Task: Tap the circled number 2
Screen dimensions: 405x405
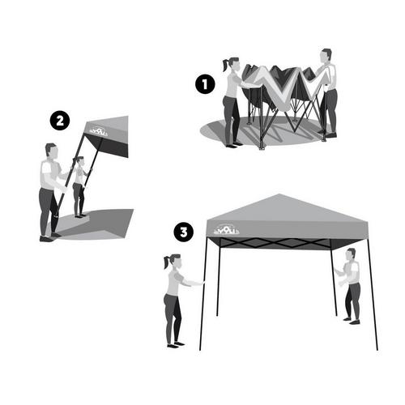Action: pos(58,121)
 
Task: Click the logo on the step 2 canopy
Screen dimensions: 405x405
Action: pos(98,129)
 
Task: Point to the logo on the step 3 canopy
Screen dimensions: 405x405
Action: pos(226,230)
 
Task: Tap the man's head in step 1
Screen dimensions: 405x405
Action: pos(326,56)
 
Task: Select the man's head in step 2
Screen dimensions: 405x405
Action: pos(51,151)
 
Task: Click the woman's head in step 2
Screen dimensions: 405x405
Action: pos(79,162)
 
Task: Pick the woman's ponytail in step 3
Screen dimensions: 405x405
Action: pos(167,263)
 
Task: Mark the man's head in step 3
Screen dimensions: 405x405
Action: pos(350,255)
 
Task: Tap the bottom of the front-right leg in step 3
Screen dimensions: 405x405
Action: pos(376,349)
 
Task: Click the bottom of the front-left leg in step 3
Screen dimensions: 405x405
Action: pos(201,350)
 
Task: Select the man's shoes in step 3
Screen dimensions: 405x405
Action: pos(350,322)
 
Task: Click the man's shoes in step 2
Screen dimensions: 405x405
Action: pos(48,238)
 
